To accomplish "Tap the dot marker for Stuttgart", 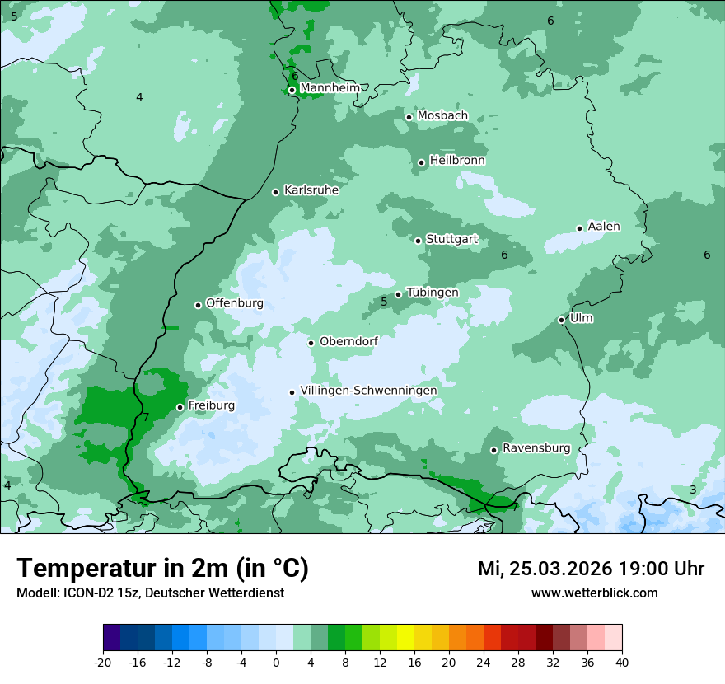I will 419,241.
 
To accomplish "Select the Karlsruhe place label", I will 311,190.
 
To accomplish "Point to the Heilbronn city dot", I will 422,162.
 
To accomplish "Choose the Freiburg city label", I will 211,405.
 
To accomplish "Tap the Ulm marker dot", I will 562,320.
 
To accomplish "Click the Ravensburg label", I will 536,448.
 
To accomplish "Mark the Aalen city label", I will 603,227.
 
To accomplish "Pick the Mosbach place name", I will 442,116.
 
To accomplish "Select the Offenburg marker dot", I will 199,305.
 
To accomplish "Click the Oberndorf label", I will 348,341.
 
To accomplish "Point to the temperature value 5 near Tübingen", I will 384,302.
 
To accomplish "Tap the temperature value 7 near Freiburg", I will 146,418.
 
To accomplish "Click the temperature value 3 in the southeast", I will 693,490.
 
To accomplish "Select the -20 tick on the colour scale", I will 103,663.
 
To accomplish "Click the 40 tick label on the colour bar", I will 622,663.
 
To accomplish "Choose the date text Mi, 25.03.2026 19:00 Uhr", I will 591,569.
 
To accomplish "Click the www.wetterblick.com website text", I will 594,593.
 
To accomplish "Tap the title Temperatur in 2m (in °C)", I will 162,569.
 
